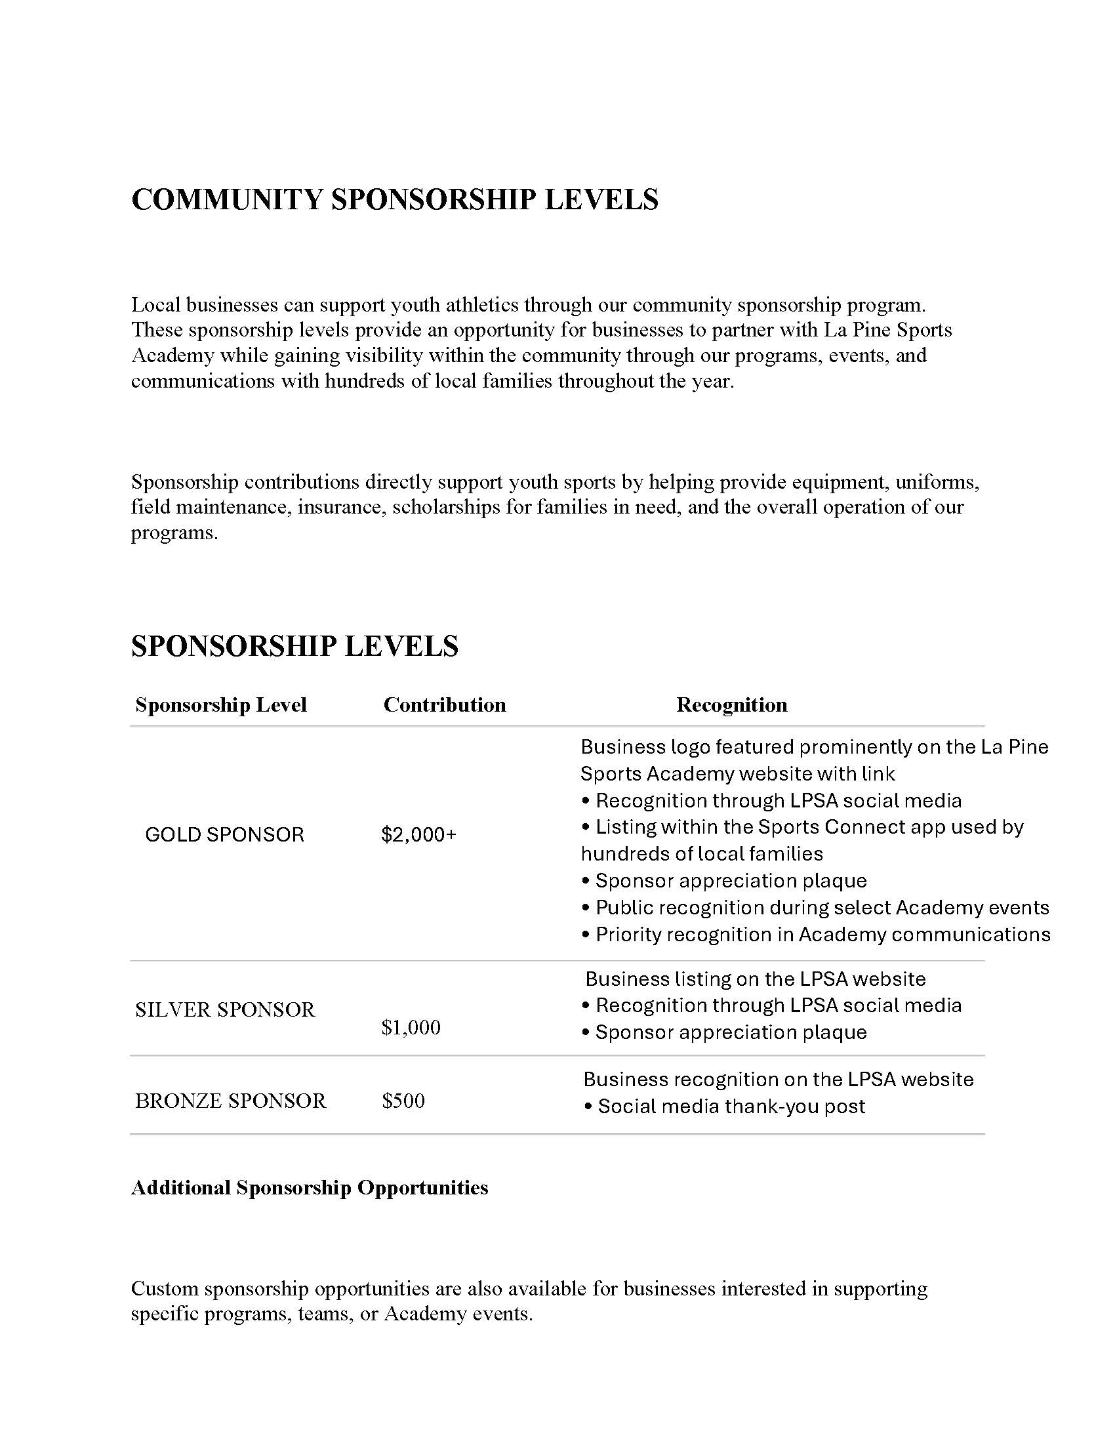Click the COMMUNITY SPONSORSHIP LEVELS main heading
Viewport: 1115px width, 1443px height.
(x=394, y=199)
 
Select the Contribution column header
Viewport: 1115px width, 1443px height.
(x=445, y=705)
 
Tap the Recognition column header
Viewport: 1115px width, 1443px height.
(x=731, y=705)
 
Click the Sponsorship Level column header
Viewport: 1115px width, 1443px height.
(x=220, y=705)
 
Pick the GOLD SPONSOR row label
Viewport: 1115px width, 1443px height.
(x=224, y=835)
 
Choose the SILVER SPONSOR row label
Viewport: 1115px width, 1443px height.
(x=224, y=1009)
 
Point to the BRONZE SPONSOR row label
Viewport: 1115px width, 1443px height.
(x=230, y=1101)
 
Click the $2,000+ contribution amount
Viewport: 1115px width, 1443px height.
(x=419, y=835)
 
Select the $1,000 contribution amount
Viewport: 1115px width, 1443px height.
(x=411, y=1027)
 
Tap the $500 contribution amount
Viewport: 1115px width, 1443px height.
(x=403, y=1101)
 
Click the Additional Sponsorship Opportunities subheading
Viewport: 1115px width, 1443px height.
(x=309, y=1188)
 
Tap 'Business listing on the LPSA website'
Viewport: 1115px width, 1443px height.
(x=756, y=979)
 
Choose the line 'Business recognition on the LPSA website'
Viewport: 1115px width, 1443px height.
(x=778, y=1080)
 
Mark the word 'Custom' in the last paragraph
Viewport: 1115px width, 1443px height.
(x=165, y=1289)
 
